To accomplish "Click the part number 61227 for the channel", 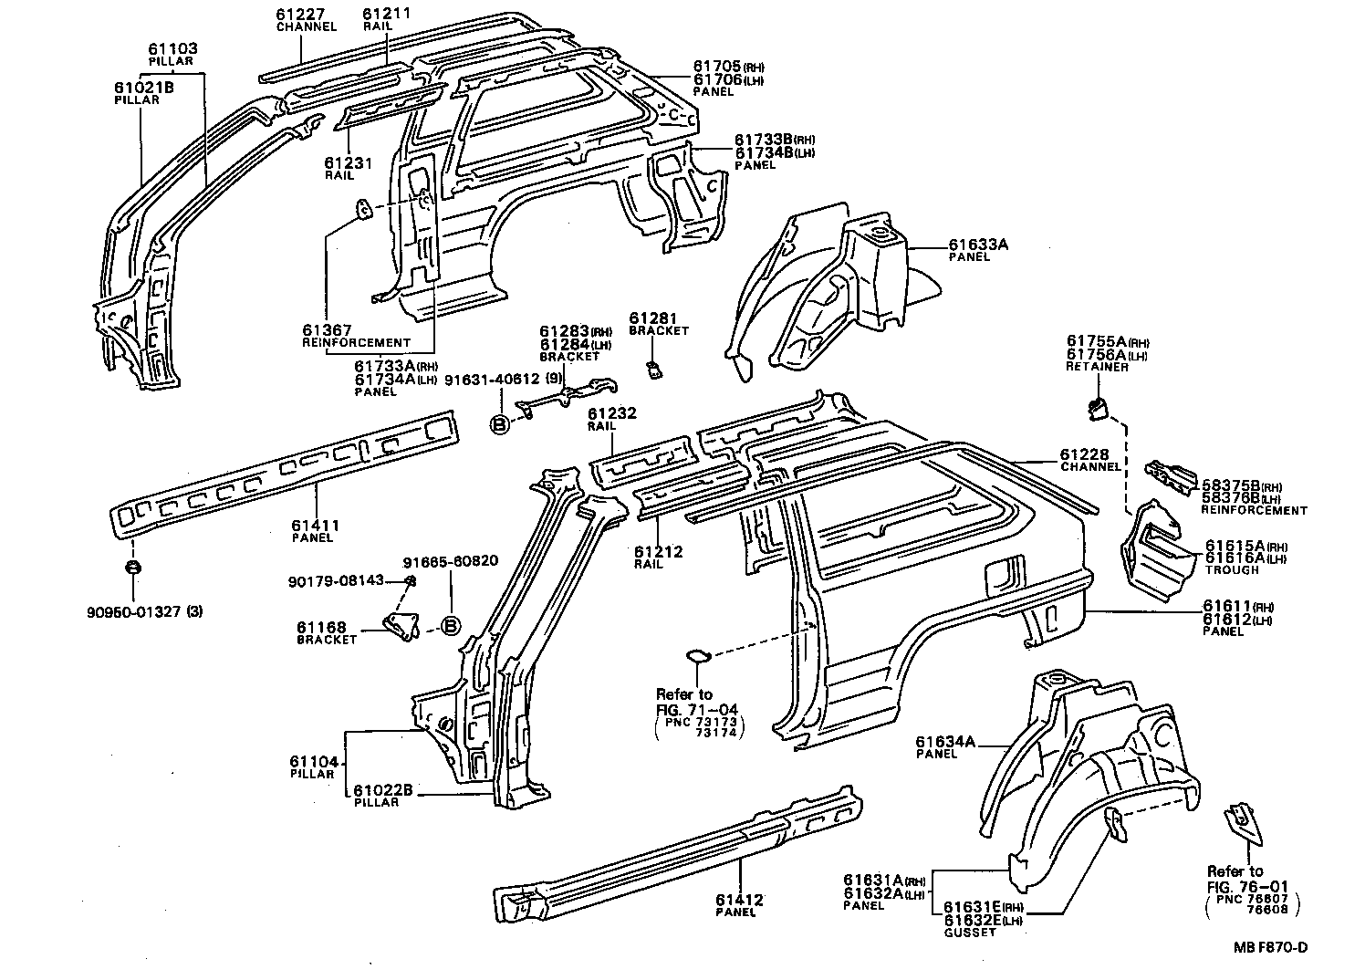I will (301, 15).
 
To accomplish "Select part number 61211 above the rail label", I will (386, 15).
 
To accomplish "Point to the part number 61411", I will (316, 526).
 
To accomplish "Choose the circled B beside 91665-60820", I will (450, 626).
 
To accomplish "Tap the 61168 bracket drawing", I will (400, 624).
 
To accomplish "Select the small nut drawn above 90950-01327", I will (132, 568).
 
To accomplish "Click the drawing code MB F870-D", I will (1271, 946).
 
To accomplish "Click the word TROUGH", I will (1231, 570).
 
